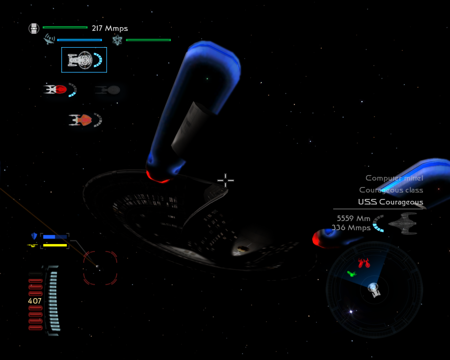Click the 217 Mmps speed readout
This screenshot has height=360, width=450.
point(110,28)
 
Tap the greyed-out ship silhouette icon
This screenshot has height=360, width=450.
point(108,90)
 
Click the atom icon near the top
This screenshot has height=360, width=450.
point(117,40)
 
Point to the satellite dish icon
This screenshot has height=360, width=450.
point(49,39)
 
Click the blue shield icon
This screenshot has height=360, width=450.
point(34,236)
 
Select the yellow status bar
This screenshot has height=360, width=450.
point(55,245)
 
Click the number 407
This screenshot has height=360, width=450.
point(35,301)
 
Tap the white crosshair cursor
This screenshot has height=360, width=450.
point(225,180)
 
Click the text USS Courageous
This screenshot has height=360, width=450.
point(390,202)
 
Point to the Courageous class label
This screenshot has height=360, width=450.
point(391,190)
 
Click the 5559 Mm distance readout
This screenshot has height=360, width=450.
point(353,218)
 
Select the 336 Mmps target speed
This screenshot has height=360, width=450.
point(351,228)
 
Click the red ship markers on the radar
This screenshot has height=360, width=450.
point(364,263)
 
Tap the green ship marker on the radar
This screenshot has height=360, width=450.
point(351,274)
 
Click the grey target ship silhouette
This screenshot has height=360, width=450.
point(403,223)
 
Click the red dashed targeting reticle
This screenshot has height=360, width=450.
point(100,268)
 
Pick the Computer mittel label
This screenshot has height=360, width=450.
point(394,178)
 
